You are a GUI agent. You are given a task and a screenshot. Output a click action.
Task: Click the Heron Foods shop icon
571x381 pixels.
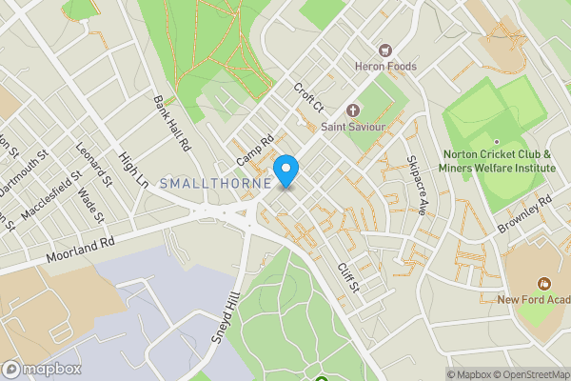point(386,50)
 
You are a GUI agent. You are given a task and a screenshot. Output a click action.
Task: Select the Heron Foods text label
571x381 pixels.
point(386,66)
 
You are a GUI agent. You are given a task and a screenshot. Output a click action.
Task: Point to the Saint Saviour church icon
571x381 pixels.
point(352,110)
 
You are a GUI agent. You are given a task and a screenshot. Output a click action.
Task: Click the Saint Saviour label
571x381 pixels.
point(352,127)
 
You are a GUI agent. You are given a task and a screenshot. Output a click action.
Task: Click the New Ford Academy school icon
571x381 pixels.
point(544,283)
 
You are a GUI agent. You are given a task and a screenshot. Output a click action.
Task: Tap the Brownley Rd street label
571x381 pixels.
point(524,215)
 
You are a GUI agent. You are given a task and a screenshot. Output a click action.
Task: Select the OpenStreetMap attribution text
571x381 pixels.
point(529,374)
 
